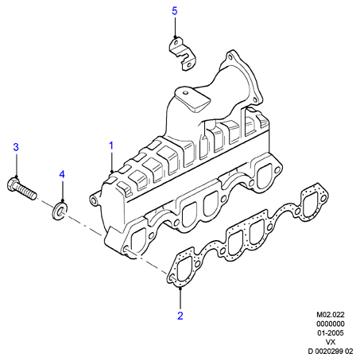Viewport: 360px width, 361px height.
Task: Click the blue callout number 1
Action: pyautogui.click(x=111, y=146)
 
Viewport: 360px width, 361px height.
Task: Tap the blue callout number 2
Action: pyautogui.click(x=180, y=316)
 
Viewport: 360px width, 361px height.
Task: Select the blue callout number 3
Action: pyautogui.click(x=16, y=147)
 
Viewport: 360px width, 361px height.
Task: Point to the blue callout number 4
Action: pyautogui.click(x=62, y=174)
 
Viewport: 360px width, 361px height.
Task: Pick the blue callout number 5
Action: pyautogui.click(x=175, y=11)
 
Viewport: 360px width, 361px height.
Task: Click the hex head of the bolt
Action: pyautogui.click(x=13, y=184)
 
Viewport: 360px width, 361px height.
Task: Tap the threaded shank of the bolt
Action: pyautogui.click(x=27, y=192)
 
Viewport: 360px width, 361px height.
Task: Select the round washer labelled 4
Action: pyautogui.click(x=60, y=211)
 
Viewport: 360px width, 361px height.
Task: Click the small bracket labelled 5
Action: pyautogui.click(x=183, y=53)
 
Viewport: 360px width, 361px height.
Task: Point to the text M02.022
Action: pyautogui.click(x=331, y=315)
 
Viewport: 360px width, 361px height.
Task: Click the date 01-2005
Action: pyautogui.click(x=331, y=332)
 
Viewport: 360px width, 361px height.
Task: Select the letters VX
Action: pyautogui.click(x=331, y=342)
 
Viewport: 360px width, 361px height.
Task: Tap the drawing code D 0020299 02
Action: pyautogui.click(x=331, y=351)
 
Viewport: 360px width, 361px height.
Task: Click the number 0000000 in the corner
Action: pyautogui.click(x=331, y=324)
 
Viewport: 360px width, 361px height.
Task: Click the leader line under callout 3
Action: pyautogui.click(x=17, y=165)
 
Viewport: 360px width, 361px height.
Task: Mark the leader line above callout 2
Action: pyautogui.click(x=180, y=299)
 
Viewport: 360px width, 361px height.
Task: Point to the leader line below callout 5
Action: pyautogui.click(x=175, y=27)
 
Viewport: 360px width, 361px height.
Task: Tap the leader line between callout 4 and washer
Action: pyautogui.click(x=62, y=191)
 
